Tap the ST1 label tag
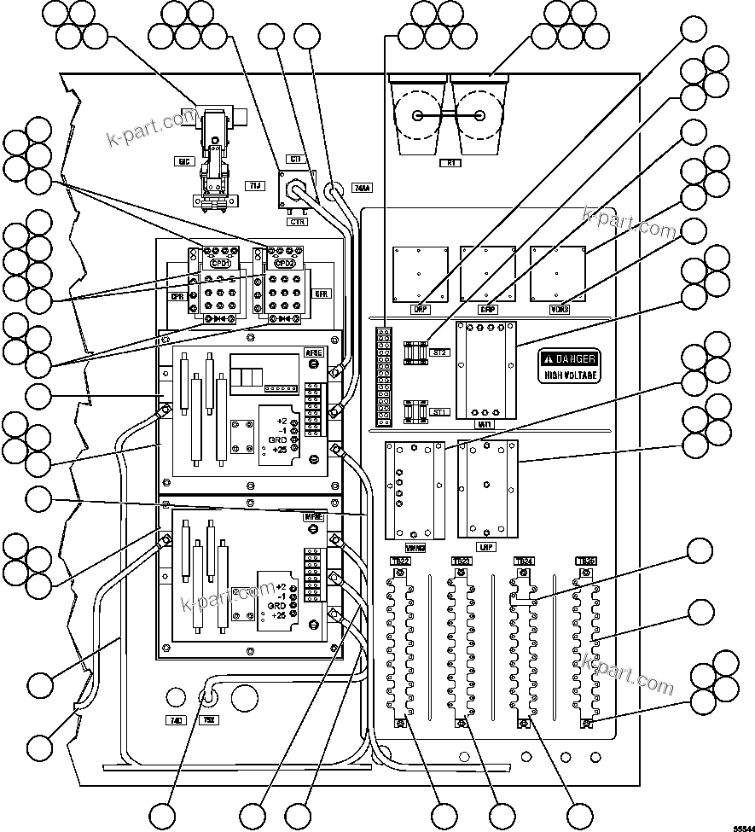(x=439, y=412)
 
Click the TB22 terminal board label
(x=399, y=561)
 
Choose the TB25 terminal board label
(x=586, y=561)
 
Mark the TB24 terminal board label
(x=524, y=561)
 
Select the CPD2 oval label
(x=283, y=265)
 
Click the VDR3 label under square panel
(x=560, y=310)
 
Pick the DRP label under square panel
(x=419, y=310)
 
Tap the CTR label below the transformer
(x=298, y=221)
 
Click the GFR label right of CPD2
(x=322, y=293)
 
